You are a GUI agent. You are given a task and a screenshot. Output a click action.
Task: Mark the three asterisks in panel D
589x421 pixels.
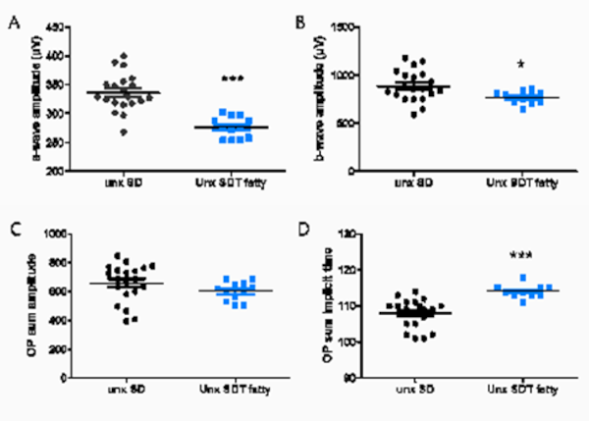[x=522, y=256]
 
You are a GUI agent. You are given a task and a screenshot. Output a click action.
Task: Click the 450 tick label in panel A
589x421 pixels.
[x=58, y=27]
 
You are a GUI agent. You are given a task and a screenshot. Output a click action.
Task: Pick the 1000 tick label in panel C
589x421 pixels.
[x=56, y=235]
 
